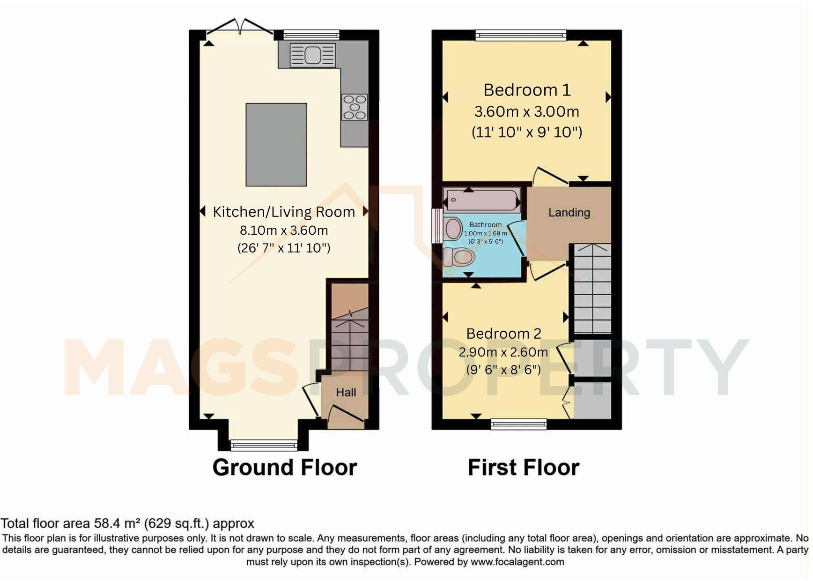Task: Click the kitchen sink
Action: tap(313, 55)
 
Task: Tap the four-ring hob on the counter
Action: tap(355, 107)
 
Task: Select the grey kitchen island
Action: tap(276, 145)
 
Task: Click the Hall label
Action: tap(346, 393)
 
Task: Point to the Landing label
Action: tap(569, 213)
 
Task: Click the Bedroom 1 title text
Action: tap(527, 89)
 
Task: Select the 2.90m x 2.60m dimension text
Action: tap(503, 352)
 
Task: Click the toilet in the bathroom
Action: tap(459, 257)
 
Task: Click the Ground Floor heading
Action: tap(285, 468)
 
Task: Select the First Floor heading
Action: tap(524, 468)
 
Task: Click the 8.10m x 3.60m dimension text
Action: tap(284, 231)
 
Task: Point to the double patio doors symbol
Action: tap(240, 27)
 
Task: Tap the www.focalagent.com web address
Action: tap(517, 561)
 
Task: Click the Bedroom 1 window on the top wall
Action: tap(521, 35)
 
